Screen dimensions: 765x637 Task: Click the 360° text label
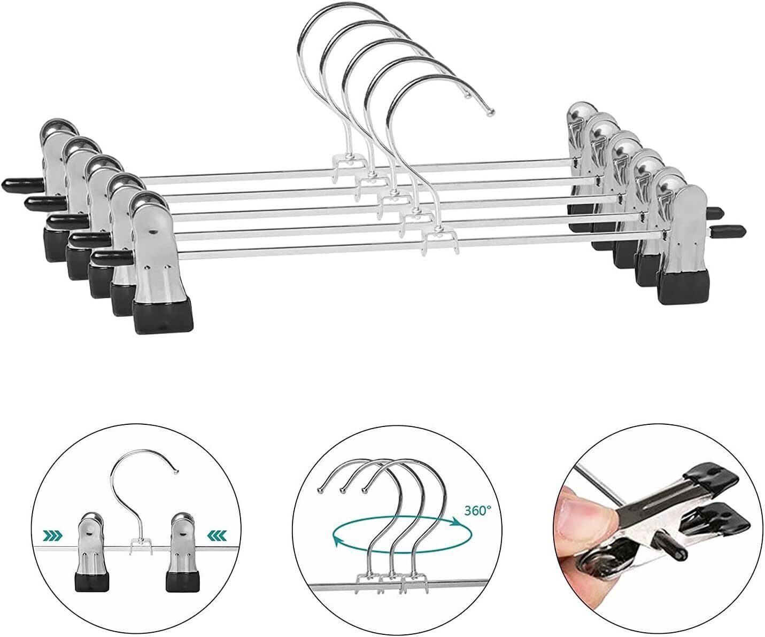[x=478, y=510]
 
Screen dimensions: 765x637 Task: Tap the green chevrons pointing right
[x=52, y=537]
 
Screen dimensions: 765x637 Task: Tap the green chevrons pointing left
[x=217, y=537]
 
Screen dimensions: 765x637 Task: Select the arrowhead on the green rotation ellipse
[x=456, y=522]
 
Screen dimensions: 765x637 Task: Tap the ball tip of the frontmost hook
[x=490, y=112]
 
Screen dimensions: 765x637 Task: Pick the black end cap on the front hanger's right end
[x=728, y=231]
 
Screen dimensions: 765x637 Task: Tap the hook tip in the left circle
[x=176, y=472]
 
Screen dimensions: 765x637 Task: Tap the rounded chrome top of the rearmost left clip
[x=58, y=127]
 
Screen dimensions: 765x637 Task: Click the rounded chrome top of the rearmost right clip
[x=583, y=111]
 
